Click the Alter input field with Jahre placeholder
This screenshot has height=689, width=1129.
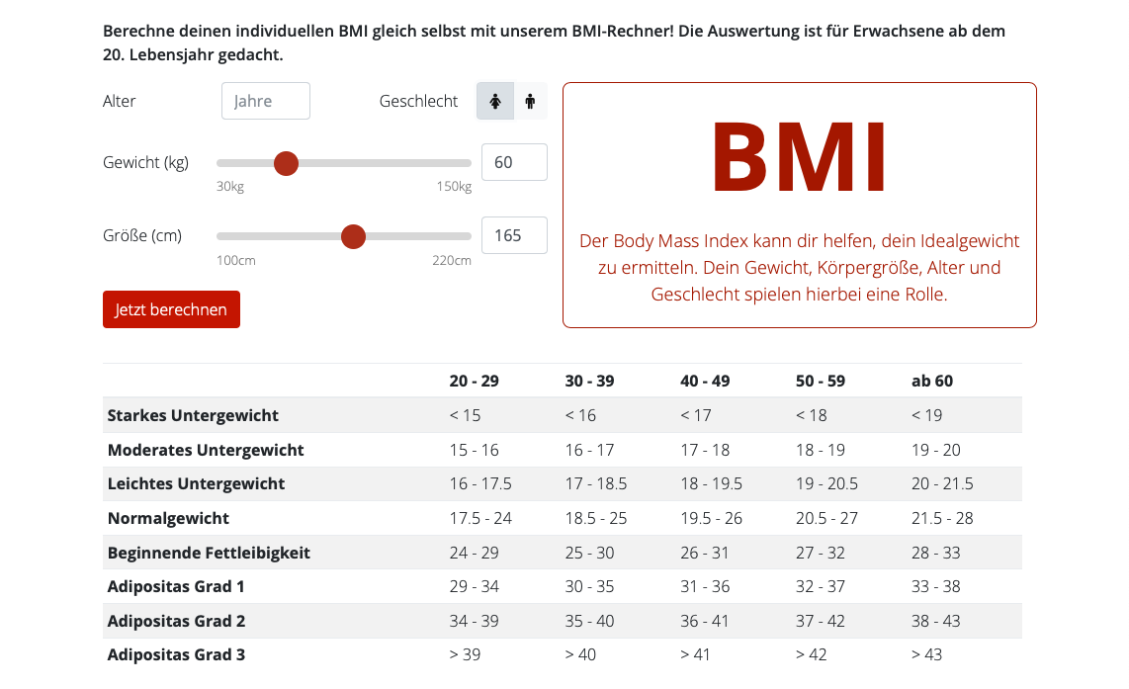pos(265,101)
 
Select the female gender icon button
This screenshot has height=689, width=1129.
pos(495,101)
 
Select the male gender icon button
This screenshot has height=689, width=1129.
pos(530,101)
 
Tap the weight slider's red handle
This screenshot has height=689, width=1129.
pos(286,163)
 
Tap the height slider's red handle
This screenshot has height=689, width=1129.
pos(353,236)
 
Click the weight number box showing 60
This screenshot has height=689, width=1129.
pos(514,162)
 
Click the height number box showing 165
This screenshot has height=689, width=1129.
pos(514,235)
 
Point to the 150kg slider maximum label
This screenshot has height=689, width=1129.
pos(454,187)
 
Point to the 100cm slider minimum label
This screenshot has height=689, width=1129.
pos(236,260)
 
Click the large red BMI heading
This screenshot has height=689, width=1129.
pos(799,158)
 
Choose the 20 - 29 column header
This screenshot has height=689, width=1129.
pos(474,381)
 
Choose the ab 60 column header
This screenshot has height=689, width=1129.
pos(932,381)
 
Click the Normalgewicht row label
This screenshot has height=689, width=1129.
pos(168,518)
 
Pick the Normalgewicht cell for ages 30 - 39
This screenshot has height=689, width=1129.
pos(596,518)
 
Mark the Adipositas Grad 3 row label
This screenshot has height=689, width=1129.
pos(176,654)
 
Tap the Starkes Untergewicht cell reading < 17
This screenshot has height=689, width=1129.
pos(696,415)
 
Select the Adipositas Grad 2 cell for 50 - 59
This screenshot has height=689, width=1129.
pos(821,621)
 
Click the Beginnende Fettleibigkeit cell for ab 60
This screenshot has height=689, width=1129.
pos(936,553)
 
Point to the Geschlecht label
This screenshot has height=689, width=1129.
pos(418,101)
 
